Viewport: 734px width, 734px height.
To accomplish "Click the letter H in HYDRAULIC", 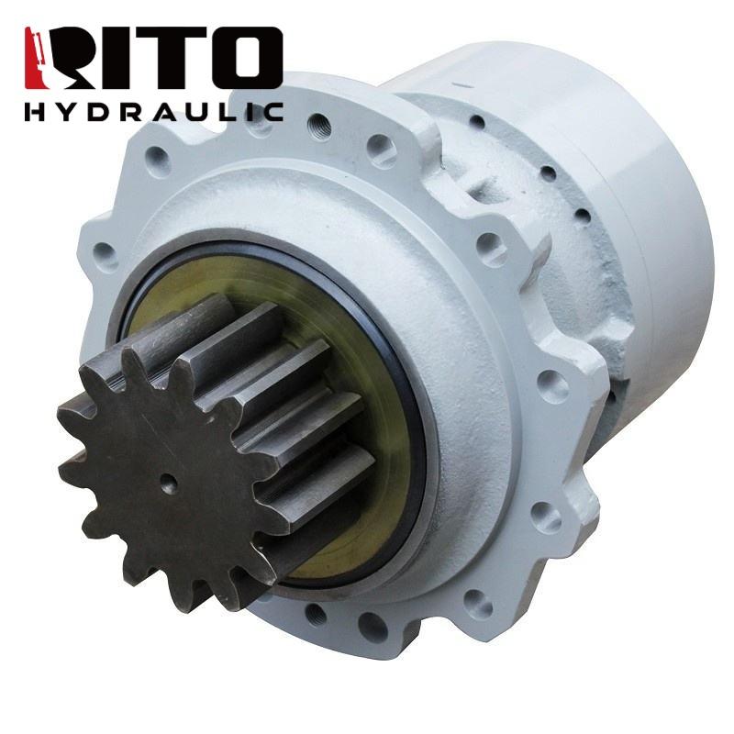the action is (x=35, y=112).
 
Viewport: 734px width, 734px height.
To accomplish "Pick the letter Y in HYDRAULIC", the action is (x=68, y=112).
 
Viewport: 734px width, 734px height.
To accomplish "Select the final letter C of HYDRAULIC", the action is (x=272, y=112).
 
